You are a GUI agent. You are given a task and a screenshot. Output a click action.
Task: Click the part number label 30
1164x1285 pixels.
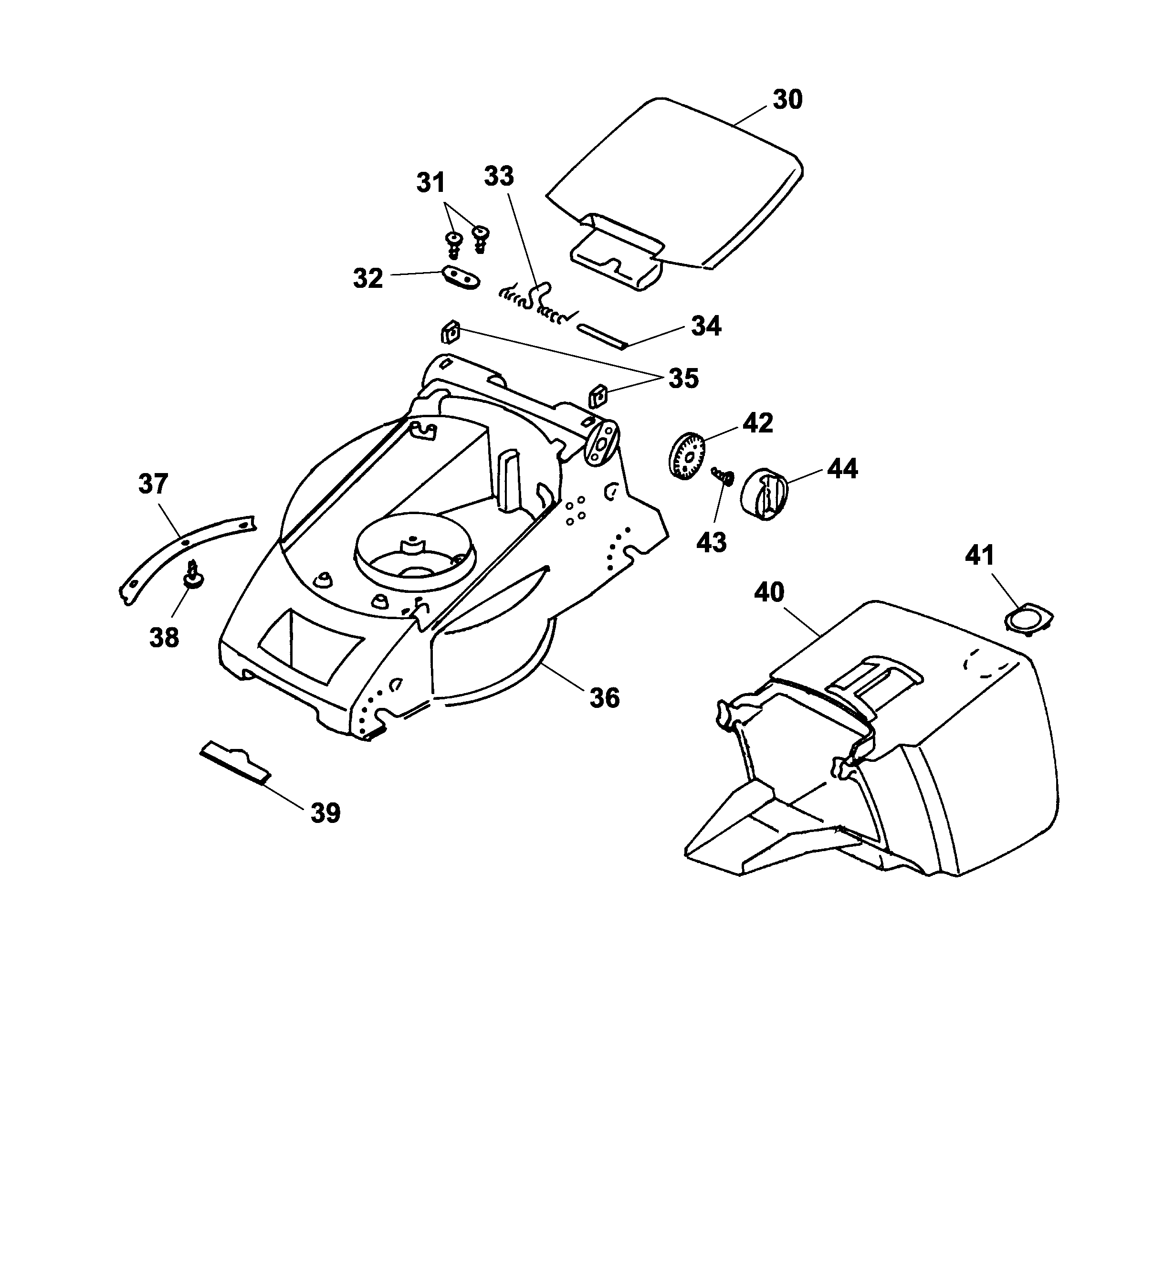[787, 100]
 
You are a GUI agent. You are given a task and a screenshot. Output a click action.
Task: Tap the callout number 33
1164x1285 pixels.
[499, 176]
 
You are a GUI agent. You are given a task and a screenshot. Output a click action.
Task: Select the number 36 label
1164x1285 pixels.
[604, 698]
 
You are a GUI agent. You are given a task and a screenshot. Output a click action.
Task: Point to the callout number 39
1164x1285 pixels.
[325, 813]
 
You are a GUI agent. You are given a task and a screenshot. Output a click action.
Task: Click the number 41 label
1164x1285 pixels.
[979, 556]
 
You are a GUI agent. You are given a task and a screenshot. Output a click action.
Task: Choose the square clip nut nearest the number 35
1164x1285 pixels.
[598, 397]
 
